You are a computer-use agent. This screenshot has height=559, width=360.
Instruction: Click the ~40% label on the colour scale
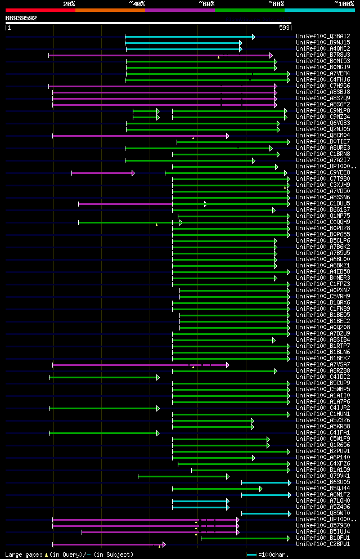(x=137, y=4)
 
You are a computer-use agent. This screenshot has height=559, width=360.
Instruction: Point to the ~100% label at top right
(x=344, y=4)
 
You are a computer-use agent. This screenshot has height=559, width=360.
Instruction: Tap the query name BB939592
(x=21, y=18)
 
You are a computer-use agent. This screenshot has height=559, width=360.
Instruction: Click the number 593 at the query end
(x=284, y=28)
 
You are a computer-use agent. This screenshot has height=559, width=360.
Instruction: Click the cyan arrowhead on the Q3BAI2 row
(x=254, y=37)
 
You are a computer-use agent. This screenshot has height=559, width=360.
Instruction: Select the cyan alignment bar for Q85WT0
(x=265, y=513)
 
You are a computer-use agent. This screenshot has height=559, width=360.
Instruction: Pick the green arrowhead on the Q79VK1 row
(x=228, y=476)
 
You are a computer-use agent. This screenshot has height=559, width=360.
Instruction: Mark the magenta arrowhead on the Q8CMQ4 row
(x=228, y=136)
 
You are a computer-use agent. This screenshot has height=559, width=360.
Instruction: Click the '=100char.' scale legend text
(x=272, y=554)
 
